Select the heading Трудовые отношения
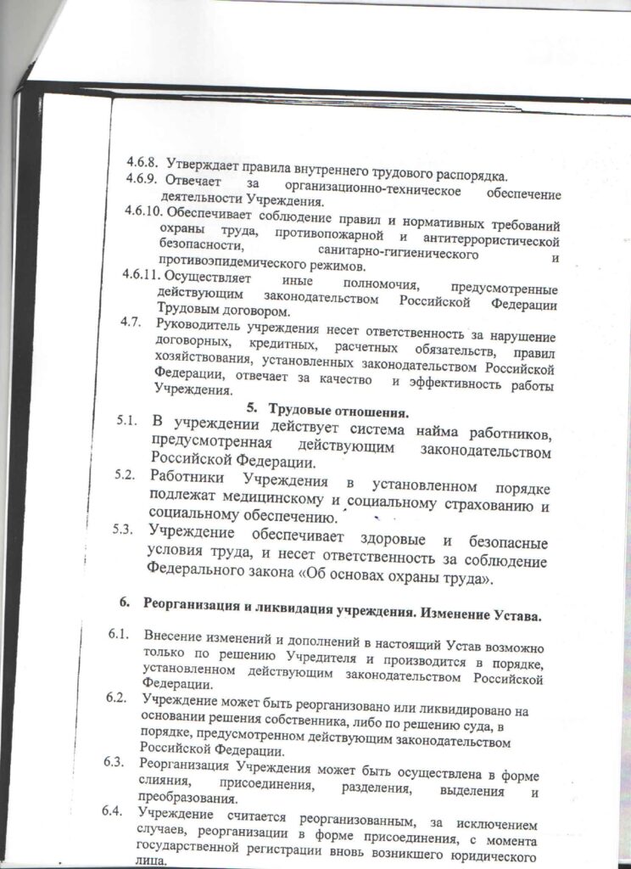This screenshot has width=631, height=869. click(x=338, y=413)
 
